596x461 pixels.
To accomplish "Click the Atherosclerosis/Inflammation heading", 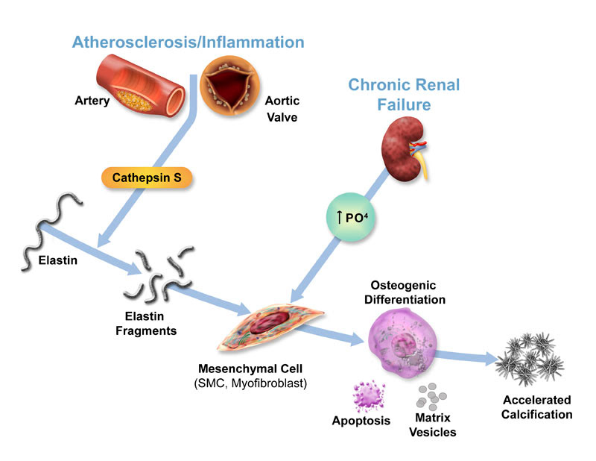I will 188,42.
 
